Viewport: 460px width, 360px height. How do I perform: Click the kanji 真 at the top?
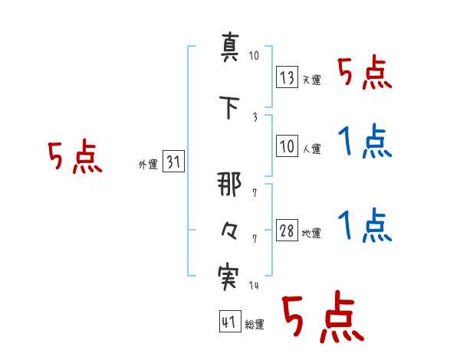[230, 47]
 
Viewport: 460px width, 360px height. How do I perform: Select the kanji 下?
[230, 107]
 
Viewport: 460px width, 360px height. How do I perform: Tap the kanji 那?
[229, 184]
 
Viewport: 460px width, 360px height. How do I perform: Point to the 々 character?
[229, 231]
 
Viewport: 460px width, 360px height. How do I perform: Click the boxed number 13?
[287, 77]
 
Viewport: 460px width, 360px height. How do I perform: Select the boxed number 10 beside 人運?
[287, 146]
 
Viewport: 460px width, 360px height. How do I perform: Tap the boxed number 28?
[287, 230]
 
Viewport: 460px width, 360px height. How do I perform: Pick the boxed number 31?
[173, 161]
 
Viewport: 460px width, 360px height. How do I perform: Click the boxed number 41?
[230, 321]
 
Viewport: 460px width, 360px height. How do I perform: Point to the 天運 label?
[311, 80]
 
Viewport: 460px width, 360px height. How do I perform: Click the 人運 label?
[311, 149]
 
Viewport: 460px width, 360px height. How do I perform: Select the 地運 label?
[311, 234]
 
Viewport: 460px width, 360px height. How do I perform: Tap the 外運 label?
[148, 165]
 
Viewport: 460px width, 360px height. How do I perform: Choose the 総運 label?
[255, 324]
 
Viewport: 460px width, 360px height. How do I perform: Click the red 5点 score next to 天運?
[365, 72]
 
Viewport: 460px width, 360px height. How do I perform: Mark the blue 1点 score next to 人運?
[365, 141]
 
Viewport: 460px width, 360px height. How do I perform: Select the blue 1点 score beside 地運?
[365, 225]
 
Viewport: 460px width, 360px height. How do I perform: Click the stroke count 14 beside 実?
[254, 285]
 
